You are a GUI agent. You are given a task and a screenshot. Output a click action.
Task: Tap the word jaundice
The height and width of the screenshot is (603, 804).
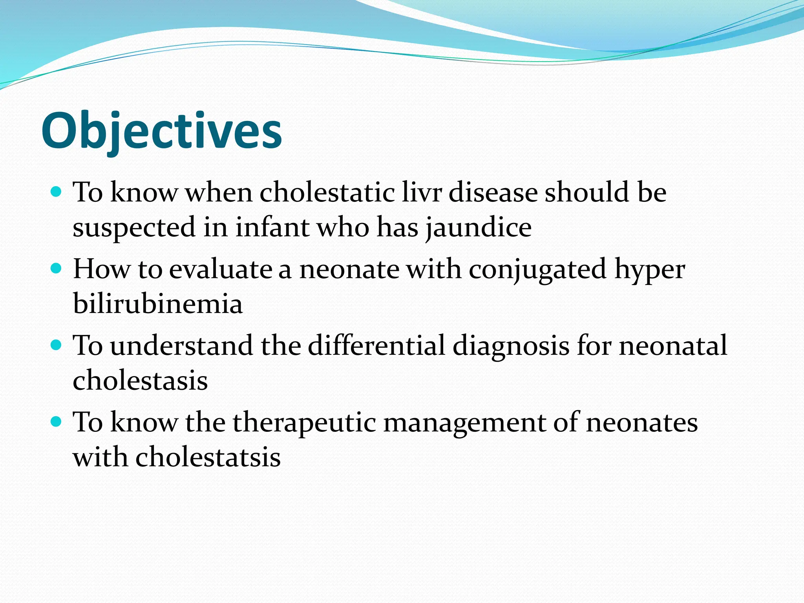(479, 228)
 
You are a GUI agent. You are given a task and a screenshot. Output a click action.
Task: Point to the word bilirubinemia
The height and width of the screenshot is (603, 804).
(158, 304)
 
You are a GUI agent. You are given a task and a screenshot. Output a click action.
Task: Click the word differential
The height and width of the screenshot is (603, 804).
(376, 345)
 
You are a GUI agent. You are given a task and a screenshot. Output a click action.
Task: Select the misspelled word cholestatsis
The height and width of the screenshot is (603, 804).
(208, 457)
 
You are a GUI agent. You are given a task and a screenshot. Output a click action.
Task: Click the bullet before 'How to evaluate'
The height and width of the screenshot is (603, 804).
(57, 269)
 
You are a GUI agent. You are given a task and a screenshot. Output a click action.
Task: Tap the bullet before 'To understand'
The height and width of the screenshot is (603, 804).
(57, 345)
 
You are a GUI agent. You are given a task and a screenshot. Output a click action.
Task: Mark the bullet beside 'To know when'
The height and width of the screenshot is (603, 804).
(57, 192)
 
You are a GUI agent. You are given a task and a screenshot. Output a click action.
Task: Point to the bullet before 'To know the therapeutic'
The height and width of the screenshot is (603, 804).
(57, 422)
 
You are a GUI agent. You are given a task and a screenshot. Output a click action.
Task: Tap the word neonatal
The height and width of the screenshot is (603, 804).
(673, 345)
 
